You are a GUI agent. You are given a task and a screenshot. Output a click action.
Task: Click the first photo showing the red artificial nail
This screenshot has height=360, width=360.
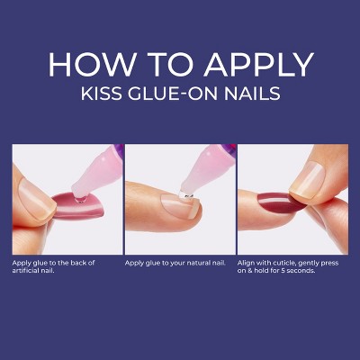pyautogui.click(x=66, y=197)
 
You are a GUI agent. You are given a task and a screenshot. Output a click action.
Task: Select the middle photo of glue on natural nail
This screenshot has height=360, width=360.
pyautogui.click(x=179, y=197)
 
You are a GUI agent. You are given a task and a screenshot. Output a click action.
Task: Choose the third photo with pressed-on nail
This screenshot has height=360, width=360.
pyautogui.click(x=292, y=197)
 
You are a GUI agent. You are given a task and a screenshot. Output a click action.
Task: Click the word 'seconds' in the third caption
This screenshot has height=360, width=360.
pyautogui.click(x=301, y=270)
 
